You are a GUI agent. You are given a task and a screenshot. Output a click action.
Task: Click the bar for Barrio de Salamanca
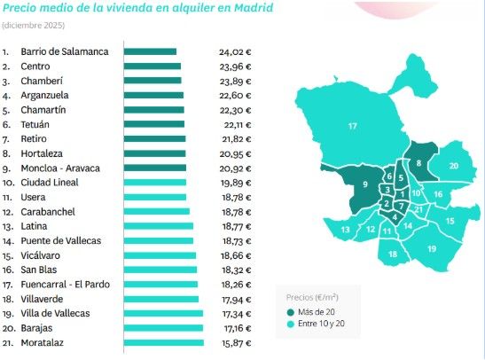click(x=150, y=51)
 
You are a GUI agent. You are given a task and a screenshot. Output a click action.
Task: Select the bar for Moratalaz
click(x=163, y=342)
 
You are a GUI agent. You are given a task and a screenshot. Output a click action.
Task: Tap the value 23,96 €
click(x=235, y=67)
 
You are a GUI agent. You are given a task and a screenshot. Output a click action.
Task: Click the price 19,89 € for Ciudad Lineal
click(x=235, y=183)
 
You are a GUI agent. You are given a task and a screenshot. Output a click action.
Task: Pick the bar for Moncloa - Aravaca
click(x=154, y=168)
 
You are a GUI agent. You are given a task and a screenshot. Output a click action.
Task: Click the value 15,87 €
click(x=235, y=342)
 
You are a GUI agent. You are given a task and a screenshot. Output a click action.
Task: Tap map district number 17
click(x=352, y=127)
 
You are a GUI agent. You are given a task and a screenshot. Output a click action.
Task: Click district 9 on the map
click(x=364, y=184)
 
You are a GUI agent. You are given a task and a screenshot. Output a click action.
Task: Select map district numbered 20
click(x=452, y=166)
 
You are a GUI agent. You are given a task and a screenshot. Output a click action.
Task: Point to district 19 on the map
click(x=432, y=248)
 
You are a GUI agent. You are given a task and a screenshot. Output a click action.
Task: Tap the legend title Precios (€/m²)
click(x=311, y=297)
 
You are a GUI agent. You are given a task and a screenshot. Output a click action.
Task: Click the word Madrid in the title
click(x=252, y=10)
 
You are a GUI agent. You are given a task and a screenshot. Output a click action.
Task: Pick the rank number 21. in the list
click(x=8, y=342)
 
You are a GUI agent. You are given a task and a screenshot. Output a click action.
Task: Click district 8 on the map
click(x=418, y=162)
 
